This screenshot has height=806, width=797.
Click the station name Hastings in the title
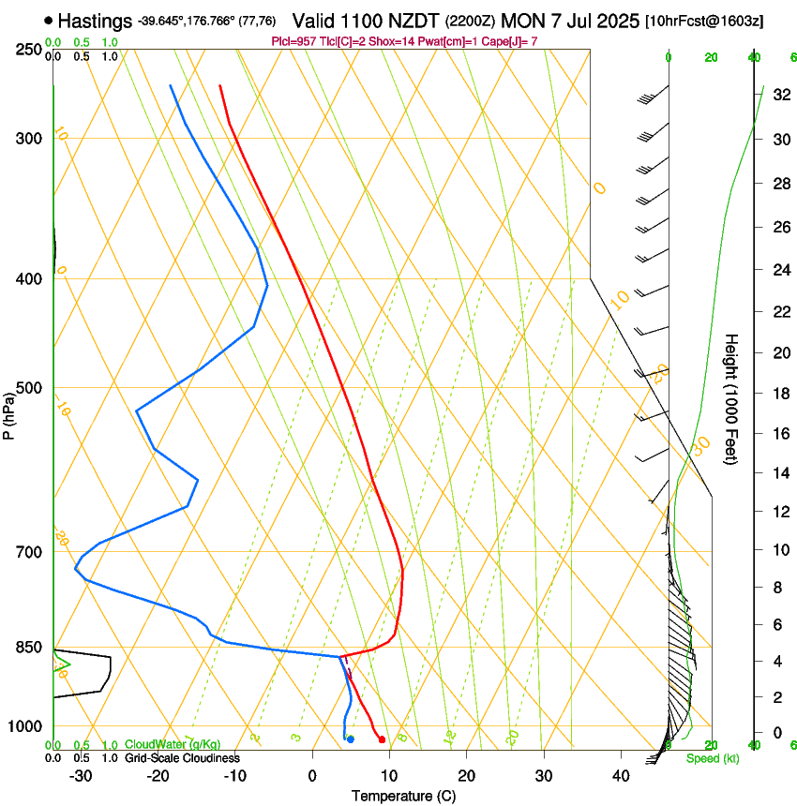pyautogui.click(x=95, y=21)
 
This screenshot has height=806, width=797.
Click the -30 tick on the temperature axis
pyautogui.click(x=81, y=776)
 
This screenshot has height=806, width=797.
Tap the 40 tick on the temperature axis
pyautogui.click(x=621, y=776)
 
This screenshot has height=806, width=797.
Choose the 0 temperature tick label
pyautogui.click(x=313, y=776)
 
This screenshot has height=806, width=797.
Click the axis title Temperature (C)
pyautogui.click(x=403, y=796)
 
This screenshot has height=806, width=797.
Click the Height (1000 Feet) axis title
pyautogui.click(x=731, y=398)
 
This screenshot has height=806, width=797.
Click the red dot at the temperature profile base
pyautogui.click(x=382, y=740)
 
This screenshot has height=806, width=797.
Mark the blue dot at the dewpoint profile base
pyautogui.click(x=351, y=739)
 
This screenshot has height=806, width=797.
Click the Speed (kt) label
pyautogui.click(x=712, y=757)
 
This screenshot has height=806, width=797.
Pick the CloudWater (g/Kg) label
pyautogui.click(x=173, y=745)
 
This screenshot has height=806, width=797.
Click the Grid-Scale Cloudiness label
pyautogui.click(x=182, y=757)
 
